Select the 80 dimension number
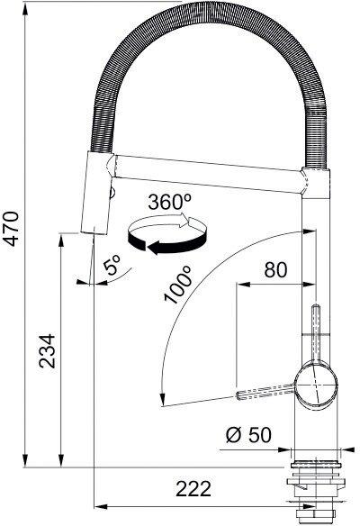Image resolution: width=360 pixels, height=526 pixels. [275, 268]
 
